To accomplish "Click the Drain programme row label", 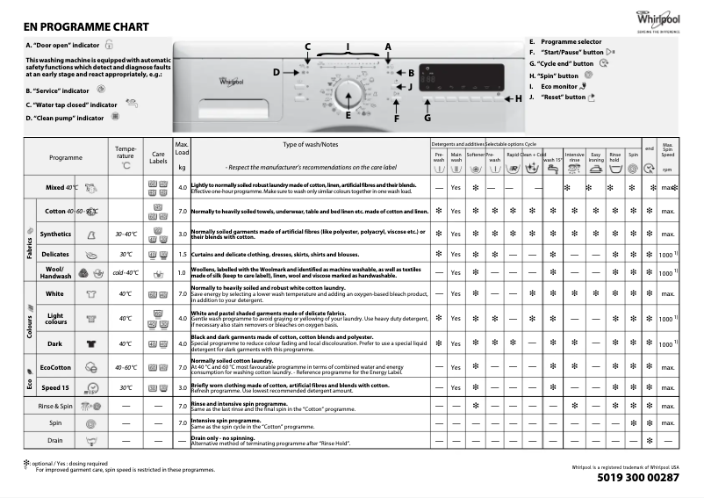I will click(55, 440).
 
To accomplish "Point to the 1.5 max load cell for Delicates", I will click(183, 254).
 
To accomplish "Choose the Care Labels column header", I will click(158, 157).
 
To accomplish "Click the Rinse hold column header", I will click(615, 157).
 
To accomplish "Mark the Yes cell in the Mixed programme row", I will click(456, 188).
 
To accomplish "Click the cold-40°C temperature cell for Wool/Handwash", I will click(126, 273).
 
